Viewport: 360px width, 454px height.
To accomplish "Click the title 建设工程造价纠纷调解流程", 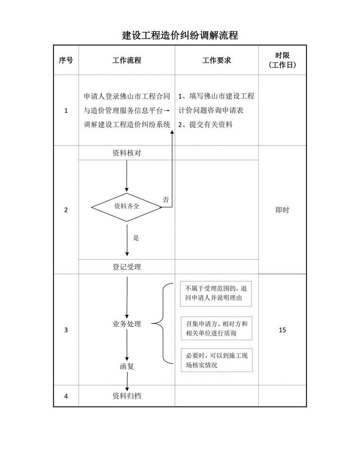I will pos(180,35).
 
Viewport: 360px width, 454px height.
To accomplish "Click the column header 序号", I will pos(66,60).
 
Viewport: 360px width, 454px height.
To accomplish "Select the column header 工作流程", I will pos(126,60).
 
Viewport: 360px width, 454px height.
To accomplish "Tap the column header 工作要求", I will pos(216,60).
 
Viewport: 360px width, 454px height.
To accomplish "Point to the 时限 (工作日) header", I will pos(282,60).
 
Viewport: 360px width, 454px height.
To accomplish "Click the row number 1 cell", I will pos(66,110).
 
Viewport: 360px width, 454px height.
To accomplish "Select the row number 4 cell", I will pos(66,396).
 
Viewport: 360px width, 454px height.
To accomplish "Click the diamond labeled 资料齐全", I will pos(126,207).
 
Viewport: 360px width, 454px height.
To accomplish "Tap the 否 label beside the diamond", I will pos(166,200).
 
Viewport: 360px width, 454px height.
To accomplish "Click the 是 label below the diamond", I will pos(136,238).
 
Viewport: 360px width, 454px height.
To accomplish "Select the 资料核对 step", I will pos(126,153).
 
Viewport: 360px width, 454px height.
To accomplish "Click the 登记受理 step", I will pos(126,267).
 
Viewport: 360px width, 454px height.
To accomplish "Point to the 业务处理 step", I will pos(126,324).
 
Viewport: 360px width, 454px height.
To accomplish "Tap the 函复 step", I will pos(126,366).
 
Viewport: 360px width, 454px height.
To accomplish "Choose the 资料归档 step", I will pos(126,396).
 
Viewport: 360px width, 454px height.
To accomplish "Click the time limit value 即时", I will pos(282,210).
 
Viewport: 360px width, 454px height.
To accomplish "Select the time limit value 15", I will pos(282,330).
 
